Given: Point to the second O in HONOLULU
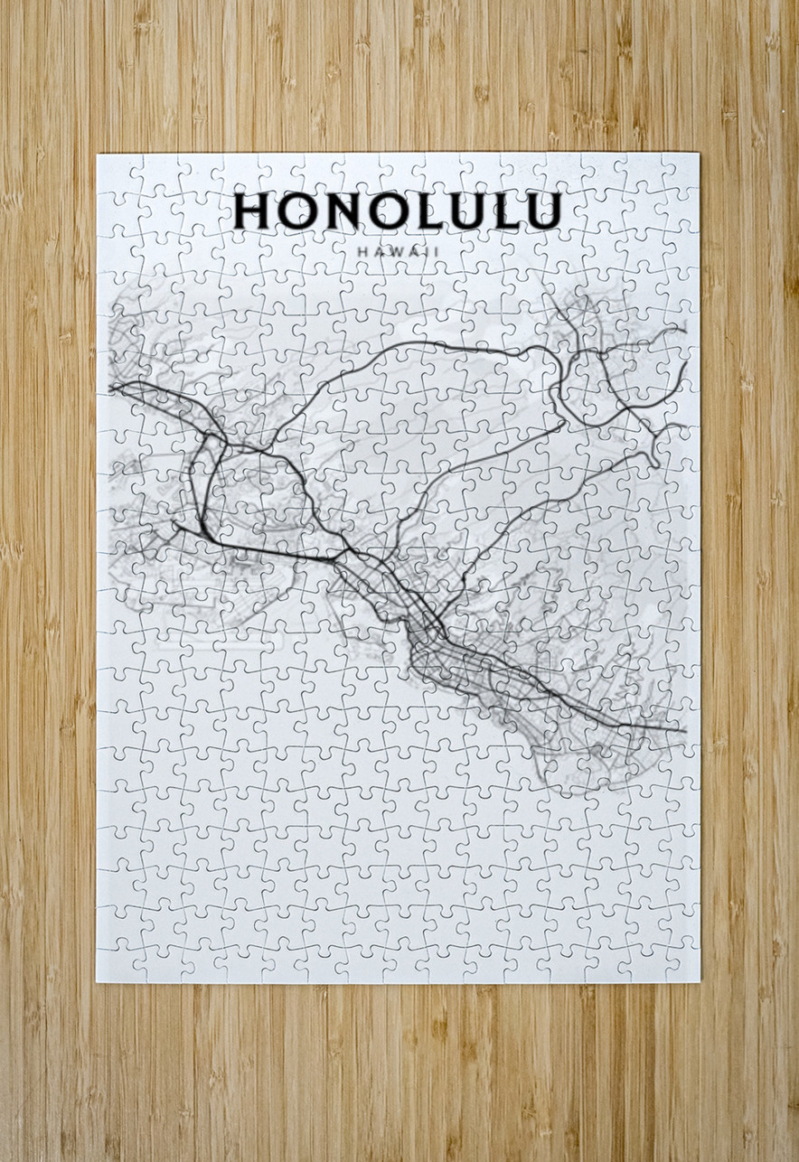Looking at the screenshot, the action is (x=385, y=211).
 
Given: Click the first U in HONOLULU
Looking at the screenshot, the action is (x=464, y=211).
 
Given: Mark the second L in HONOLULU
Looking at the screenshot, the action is (x=504, y=211).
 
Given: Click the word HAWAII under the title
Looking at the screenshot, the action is (x=398, y=252).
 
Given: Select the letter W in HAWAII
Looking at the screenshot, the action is (x=394, y=252).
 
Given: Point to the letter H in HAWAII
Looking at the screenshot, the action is (x=362, y=252).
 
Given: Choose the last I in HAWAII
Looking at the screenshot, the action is (x=435, y=252).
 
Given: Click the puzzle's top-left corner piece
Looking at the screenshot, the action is (x=116, y=173).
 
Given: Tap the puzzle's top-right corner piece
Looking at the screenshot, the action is (x=680, y=172).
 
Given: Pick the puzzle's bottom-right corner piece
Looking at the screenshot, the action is (x=680, y=963).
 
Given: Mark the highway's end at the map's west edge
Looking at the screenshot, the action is (x=112, y=388).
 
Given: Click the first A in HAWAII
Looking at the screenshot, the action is (x=378, y=252).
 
